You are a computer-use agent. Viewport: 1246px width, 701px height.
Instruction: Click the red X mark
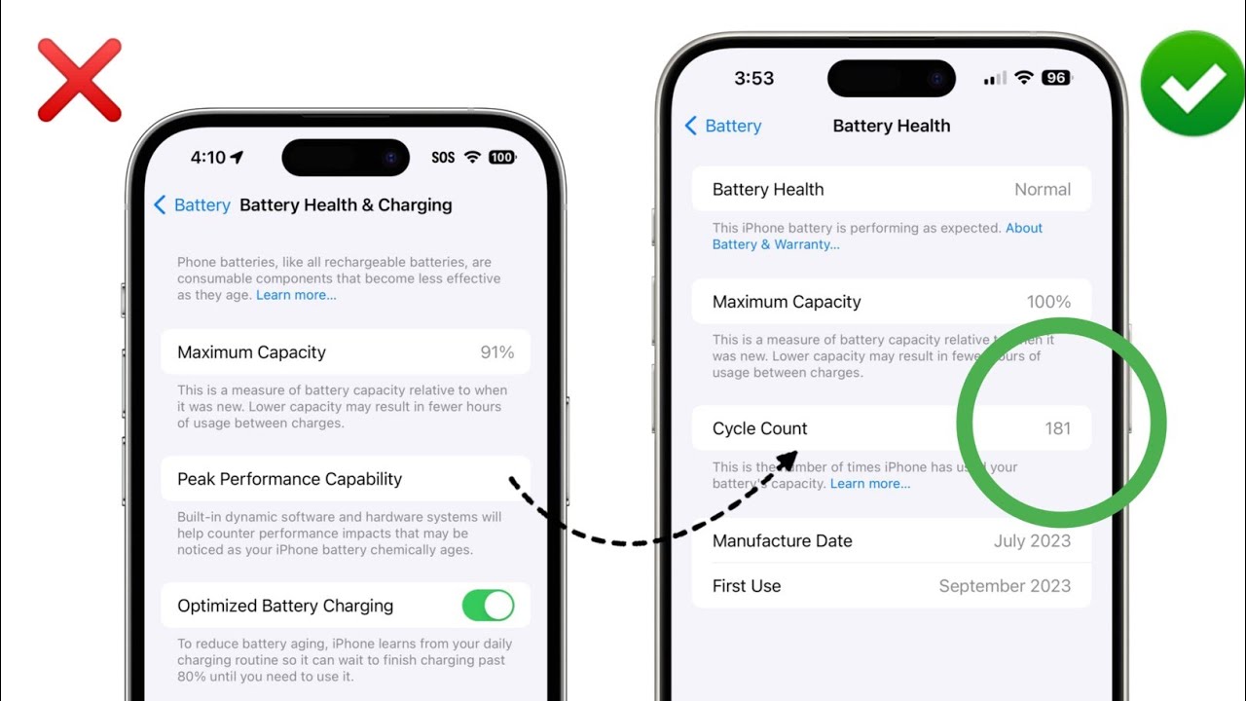click(79, 80)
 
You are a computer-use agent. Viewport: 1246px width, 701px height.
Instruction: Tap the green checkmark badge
click(1191, 83)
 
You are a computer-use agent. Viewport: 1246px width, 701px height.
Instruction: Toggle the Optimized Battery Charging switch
click(488, 606)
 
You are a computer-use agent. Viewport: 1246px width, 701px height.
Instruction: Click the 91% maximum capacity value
click(496, 352)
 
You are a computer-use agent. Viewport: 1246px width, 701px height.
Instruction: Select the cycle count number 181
click(1057, 428)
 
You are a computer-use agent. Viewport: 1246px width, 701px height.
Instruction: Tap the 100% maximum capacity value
click(1048, 302)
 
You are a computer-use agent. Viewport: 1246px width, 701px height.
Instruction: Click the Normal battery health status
click(1043, 190)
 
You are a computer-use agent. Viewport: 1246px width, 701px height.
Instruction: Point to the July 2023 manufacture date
click(1032, 541)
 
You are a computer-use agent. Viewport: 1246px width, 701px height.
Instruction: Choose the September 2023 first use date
click(1005, 586)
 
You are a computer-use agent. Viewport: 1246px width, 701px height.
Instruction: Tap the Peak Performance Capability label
click(289, 479)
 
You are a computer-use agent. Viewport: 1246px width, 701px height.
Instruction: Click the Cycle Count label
click(760, 428)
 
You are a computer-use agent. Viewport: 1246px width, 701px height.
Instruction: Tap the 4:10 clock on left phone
click(208, 158)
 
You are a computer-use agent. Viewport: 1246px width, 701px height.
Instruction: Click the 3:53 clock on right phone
click(753, 79)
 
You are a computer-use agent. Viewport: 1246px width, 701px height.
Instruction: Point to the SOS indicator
click(443, 158)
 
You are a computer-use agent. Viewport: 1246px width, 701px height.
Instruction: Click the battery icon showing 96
click(1055, 78)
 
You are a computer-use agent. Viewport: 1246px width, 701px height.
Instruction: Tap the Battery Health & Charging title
click(346, 205)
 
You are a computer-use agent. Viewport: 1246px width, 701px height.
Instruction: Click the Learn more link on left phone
click(296, 295)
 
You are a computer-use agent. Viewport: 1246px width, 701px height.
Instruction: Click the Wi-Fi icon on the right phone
click(1023, 78)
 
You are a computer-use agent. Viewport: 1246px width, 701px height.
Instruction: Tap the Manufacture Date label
click(782, 541)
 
